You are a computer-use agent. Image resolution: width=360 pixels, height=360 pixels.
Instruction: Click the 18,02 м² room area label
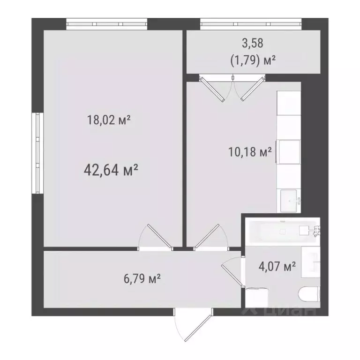(108, 120)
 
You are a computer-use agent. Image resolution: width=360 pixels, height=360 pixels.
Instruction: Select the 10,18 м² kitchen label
(250, 152)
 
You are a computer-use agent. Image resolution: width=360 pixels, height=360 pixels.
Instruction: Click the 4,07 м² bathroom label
(277, 267)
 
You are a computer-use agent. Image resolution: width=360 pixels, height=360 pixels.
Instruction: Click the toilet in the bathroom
(307, 294)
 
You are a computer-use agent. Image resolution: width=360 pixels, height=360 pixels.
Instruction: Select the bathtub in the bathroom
(281, 231)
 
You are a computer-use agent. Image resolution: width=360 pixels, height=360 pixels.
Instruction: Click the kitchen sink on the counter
(289, 201)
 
